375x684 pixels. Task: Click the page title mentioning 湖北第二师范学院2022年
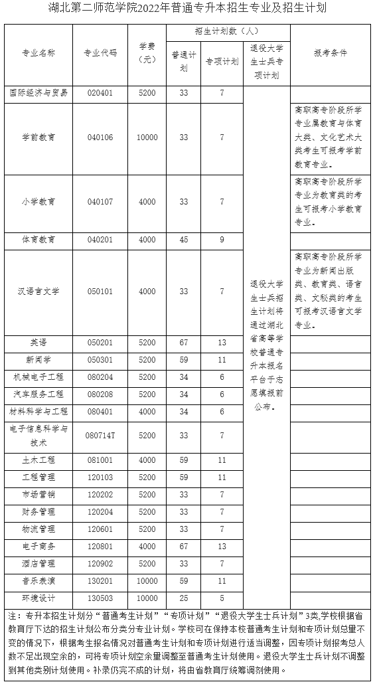click(187, 9)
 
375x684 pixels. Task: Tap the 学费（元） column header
click(147, 53)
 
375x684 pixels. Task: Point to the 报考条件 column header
click(330, 53)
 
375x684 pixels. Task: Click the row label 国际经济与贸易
click(38, 93)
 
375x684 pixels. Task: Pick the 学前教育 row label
click(38, 137)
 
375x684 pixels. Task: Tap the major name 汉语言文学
click(38, 292)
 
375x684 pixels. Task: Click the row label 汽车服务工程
click(38, 394)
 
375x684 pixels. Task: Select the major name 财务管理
click(38, 512)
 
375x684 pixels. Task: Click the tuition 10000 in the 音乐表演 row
click(147, 580)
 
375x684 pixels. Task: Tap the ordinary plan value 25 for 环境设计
click(184, 598)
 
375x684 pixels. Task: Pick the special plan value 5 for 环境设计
click(222, 598)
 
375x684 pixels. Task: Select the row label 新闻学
click(38, 359)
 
